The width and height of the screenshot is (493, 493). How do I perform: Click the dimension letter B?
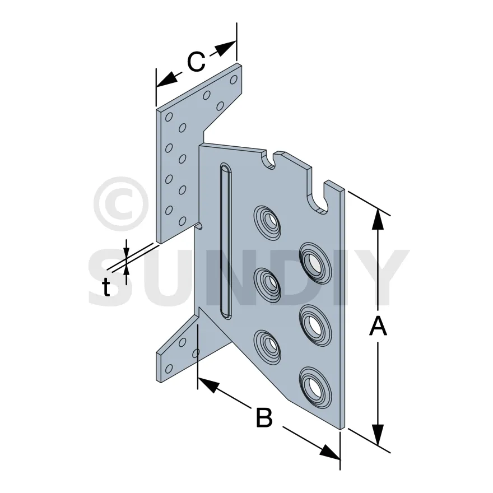tap(264, 417)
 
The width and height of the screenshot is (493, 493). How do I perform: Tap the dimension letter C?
tap(196, 62)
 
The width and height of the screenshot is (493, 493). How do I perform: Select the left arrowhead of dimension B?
tap(208, 385)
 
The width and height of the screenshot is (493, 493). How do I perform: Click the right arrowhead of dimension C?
tap(226, 48)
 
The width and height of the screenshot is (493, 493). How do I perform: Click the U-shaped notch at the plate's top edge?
tap(269, 159)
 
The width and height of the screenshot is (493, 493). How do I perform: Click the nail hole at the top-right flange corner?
tap(233, 80)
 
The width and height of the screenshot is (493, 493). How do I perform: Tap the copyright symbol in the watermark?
tap(121, 204)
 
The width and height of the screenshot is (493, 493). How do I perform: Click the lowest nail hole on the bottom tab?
tap(169, 368)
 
